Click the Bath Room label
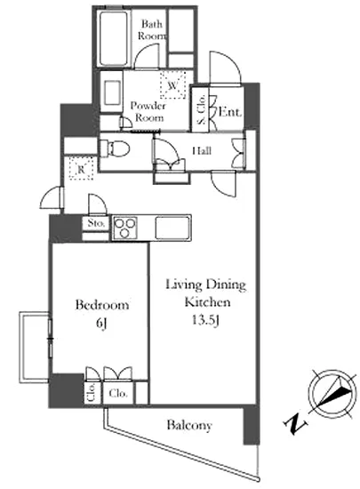(152, 29)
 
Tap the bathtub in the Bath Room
(114, 38)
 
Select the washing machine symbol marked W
(172, 84)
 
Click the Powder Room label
(148, 112)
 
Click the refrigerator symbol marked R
(81, 169)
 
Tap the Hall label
(202, 151)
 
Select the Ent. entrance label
(229, 112)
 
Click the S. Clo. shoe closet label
(201, 109)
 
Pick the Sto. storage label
(96, 223)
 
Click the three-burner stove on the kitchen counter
(124, 228)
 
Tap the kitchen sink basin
(172, 228)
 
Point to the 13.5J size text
(205, 320)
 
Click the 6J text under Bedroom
(101, 323)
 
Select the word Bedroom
(102, 305)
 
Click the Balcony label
(189, 425)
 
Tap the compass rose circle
(332, 394)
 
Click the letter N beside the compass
(295, 424)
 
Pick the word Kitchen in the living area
(207, 302)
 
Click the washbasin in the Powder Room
(112, 92)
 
